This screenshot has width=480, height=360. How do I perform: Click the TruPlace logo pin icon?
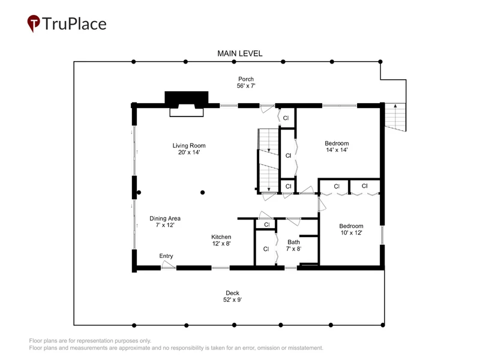point(34,23)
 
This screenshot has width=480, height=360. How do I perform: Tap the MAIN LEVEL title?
point(239,53)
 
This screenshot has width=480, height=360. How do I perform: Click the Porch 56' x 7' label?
point(246,82)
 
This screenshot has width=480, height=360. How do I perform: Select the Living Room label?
point(189,149)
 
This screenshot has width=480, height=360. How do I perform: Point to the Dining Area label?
point(164,221)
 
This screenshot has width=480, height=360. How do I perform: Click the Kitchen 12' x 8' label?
point(221,241)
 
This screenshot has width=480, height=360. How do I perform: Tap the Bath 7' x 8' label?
point(293,245)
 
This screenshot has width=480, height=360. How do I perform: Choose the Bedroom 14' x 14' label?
point(337,146)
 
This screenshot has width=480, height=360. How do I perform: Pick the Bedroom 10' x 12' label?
point(351,229)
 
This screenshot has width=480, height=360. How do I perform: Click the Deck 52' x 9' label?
point(232,296)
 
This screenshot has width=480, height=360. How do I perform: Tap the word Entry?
point(166,256)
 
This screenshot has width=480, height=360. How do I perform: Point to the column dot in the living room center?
point(202,193)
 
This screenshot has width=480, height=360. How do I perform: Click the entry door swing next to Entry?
point(168,265)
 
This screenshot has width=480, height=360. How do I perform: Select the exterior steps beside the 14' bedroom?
point(395,117)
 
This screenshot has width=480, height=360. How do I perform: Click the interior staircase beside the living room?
point(268,161)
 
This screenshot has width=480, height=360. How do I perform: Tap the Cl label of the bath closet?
point(266,249)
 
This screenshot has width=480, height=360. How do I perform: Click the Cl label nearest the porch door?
point(286,118)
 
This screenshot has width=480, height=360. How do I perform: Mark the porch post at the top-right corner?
point(380,62)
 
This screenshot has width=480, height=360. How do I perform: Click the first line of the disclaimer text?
point(90,341)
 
